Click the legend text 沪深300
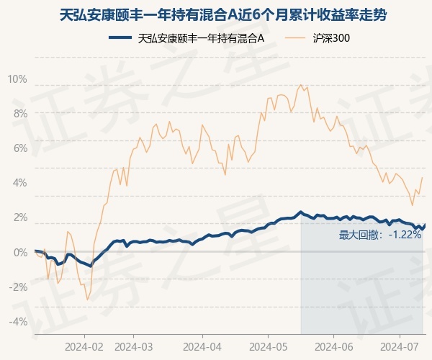332,38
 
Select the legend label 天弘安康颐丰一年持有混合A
200,38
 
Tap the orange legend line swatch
295,38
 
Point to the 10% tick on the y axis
17,78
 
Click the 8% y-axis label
19,113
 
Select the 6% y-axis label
19,148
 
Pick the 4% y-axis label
19,182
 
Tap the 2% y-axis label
19,217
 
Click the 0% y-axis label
19,251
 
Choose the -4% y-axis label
17,321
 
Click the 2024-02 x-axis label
84,346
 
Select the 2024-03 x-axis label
135,346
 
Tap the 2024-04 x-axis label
202,346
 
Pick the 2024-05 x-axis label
267,346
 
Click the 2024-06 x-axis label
333,346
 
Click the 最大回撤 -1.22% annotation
380,235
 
